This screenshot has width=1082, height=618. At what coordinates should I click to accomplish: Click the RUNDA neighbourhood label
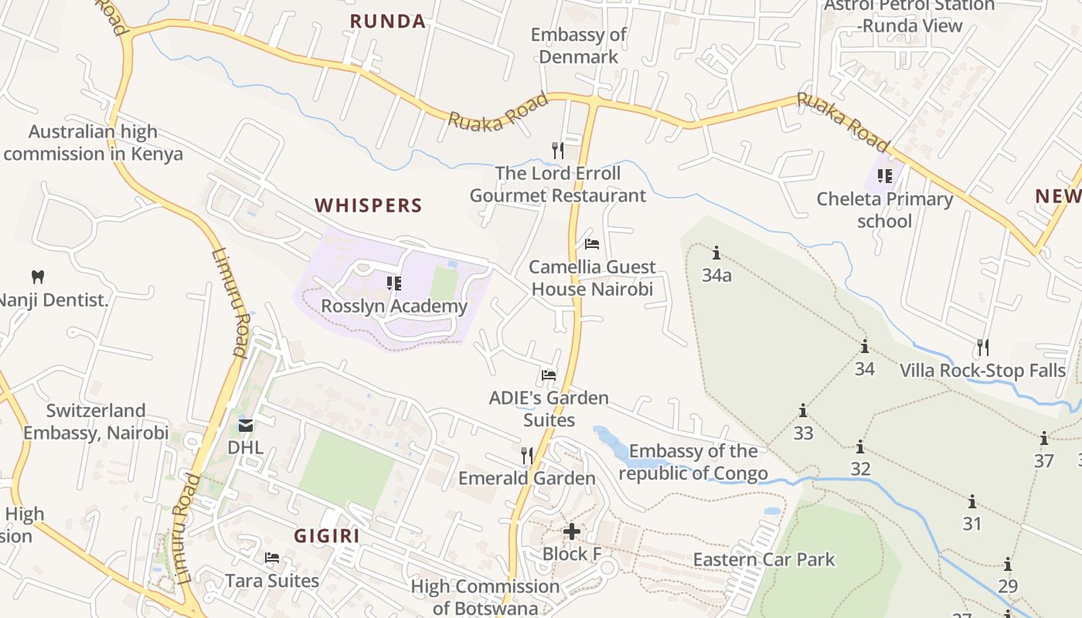click(x=387, y=22)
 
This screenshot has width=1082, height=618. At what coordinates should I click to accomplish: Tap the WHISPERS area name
click(x=368, y=205)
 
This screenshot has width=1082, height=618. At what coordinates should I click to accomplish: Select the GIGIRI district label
click(x=326, y=535)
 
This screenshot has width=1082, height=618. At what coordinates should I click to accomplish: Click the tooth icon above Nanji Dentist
click(x=37, y=277)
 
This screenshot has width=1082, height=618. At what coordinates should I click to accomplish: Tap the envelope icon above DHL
click(x=246, y=425)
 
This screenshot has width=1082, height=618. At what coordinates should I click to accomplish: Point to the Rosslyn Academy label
click(x=394, y=306)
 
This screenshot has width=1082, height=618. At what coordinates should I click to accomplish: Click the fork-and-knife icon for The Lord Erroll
click(x=557, y=150)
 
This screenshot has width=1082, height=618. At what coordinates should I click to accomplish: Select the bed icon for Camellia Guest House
click(x=592, y=244)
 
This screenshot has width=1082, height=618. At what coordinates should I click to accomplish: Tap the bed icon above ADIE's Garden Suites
click(x=549, y=375)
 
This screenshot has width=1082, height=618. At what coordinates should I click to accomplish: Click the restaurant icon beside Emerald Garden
click(x=527, y=456)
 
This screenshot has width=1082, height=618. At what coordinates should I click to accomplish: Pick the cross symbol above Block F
click(x=572, y=531)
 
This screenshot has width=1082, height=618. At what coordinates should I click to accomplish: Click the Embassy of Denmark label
click(x=578, y=46)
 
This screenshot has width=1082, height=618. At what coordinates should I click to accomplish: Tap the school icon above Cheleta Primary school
click(x=885, y=176)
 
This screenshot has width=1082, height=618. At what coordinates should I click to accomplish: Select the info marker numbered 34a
click(x=716, y=253)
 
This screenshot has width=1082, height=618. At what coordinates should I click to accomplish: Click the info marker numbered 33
click(x=803, y=410)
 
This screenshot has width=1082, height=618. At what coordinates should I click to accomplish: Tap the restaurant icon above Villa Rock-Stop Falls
click(x=982, y=347)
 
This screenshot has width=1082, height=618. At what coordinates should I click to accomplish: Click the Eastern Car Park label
click(x=764, y=559)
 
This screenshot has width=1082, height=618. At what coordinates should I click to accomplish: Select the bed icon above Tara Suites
click(x=272, y=558)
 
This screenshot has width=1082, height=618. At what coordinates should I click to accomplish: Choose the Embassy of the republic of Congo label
click(x=692, y=462)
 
